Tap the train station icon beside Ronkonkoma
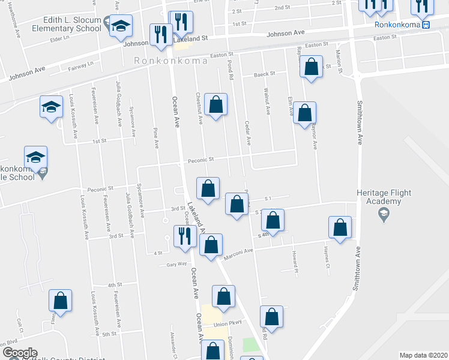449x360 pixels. point(426,25)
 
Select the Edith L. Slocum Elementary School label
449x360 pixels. point(67,24)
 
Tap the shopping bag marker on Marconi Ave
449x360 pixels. point(211,245)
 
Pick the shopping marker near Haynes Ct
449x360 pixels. point(340,228)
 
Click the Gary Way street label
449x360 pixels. point(177,263)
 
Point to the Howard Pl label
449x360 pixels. point(295,259)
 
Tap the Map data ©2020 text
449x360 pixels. point(423,355)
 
